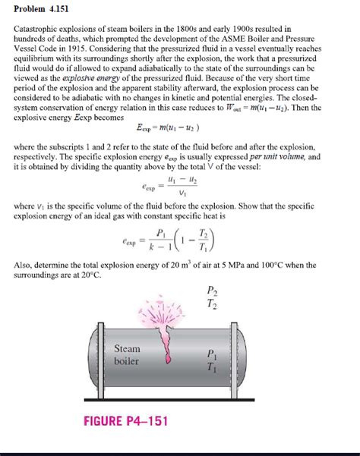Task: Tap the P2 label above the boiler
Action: click(x=212, y=291)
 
